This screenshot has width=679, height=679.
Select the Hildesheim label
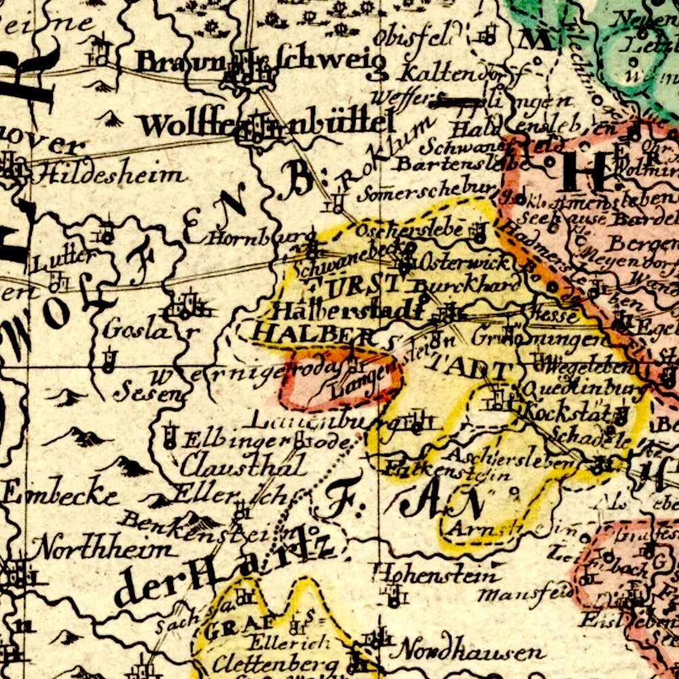109,175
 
